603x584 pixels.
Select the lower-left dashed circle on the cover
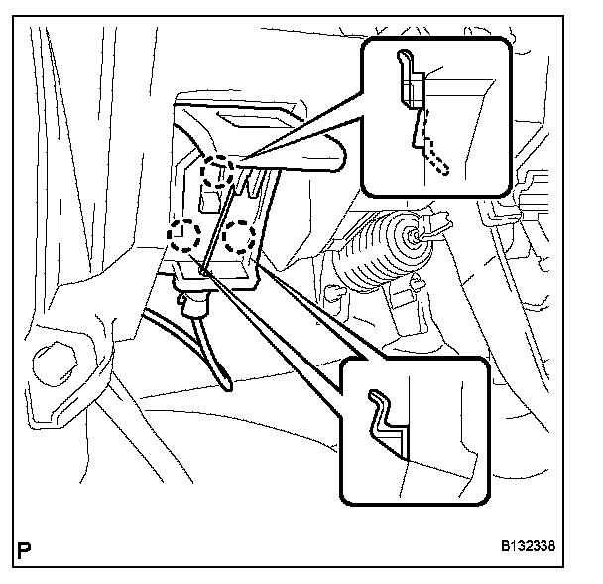(x=183, y=236)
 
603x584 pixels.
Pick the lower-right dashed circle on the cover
(x=241, y=236)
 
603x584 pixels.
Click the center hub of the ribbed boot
(x=409, y=235)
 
